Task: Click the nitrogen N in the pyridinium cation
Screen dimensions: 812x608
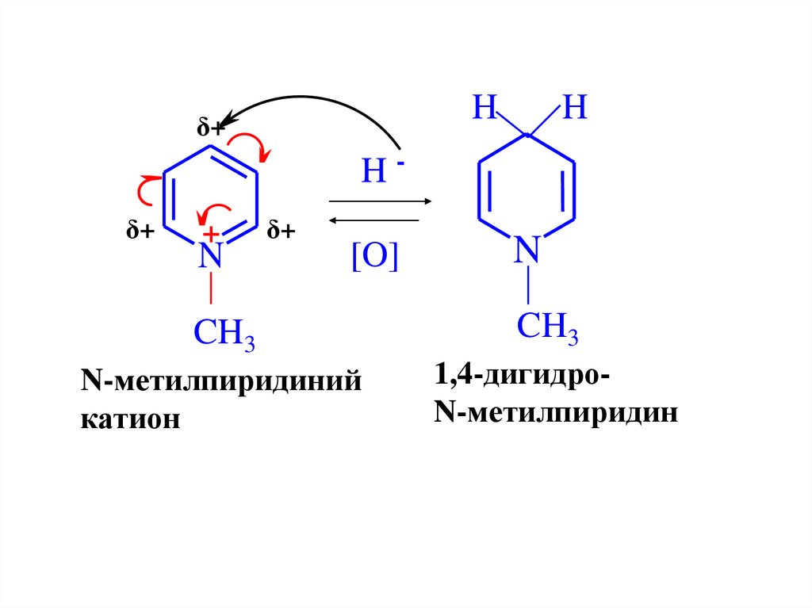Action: click(210, 255)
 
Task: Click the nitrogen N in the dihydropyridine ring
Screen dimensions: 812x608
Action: click(527, 250)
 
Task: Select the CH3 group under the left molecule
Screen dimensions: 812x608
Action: click(224, 335)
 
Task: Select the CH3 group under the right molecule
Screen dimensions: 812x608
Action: click(548, 327)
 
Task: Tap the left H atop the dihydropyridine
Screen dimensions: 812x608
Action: click(485, 108)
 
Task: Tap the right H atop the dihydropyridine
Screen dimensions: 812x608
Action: click(574, 108)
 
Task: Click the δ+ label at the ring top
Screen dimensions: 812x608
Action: click(211, 128)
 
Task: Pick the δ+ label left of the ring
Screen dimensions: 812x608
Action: click(140, 231)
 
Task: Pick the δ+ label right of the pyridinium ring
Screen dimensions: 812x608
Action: click(282, 231)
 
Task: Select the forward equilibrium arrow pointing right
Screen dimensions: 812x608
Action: click(379, 201)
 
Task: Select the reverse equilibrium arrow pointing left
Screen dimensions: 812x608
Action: click(373, 220)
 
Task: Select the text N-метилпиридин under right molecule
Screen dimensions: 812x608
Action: click(555, 412)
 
